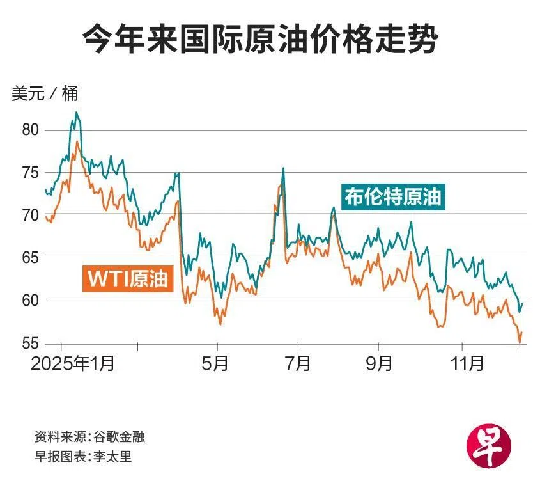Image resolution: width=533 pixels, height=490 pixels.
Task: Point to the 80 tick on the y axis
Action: tap(31, 130)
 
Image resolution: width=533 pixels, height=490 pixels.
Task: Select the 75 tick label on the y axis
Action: tap(31, 173)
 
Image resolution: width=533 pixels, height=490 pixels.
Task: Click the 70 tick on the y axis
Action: tap(31, 216)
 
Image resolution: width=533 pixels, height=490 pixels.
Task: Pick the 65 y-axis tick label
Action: tap(31, 258)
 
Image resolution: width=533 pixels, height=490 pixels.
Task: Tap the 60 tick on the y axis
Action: tap(31, 301)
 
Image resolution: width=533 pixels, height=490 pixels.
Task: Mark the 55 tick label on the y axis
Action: tap(31, 344)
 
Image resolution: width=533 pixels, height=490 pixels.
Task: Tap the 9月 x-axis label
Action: tap(380, 364)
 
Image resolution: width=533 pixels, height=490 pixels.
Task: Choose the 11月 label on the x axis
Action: tap(466, 364)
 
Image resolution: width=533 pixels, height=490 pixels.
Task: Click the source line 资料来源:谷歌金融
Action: tap(89, 438)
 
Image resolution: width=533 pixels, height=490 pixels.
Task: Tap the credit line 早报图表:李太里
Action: tap(83, 457)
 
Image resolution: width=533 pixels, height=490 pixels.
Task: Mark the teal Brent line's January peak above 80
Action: tap(77, 113)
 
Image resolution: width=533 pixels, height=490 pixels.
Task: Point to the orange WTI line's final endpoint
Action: tap(521, 333)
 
